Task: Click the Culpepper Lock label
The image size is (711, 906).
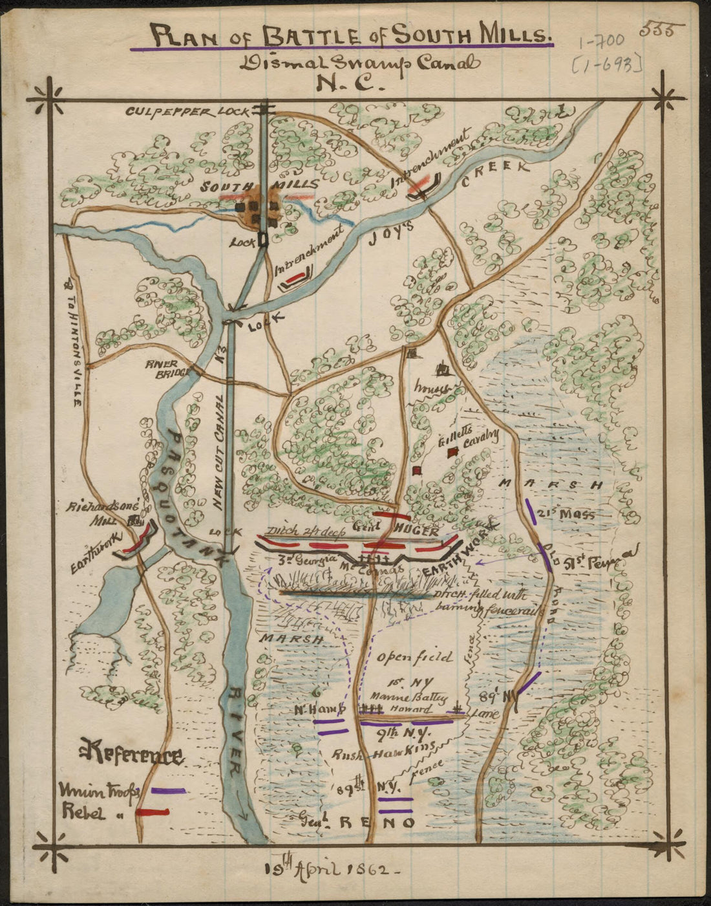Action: tap(187, 111)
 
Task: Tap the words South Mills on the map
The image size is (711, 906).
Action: tap(259, 187)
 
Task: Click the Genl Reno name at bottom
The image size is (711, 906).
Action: tap(357, 823)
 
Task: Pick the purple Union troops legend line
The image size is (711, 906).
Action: tap(168, 790)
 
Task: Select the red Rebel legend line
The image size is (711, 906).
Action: tap(153, 812)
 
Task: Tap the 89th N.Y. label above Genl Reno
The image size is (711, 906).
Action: tap(369, 787)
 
